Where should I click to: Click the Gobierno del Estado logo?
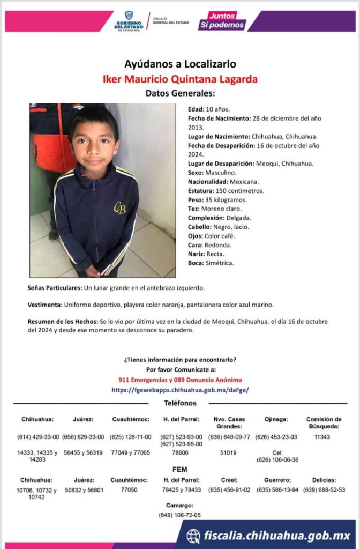(129, 21)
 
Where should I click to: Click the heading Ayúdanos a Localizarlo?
(180, 64)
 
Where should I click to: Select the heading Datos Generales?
(180, 93)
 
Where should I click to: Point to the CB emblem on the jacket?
(119, 208)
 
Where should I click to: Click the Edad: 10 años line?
(201, 109)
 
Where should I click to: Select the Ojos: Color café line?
(211, 236)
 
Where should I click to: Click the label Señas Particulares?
(55, 288)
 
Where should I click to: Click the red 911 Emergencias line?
(180, 380)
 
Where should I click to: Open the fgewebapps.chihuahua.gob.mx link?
(180, 390)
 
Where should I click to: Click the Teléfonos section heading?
(180, 403)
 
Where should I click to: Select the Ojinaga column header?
(276, 419)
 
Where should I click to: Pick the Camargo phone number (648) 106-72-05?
(180, 515)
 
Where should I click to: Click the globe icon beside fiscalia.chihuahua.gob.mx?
(193, 536)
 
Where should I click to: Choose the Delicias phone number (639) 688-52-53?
(324, 489)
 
